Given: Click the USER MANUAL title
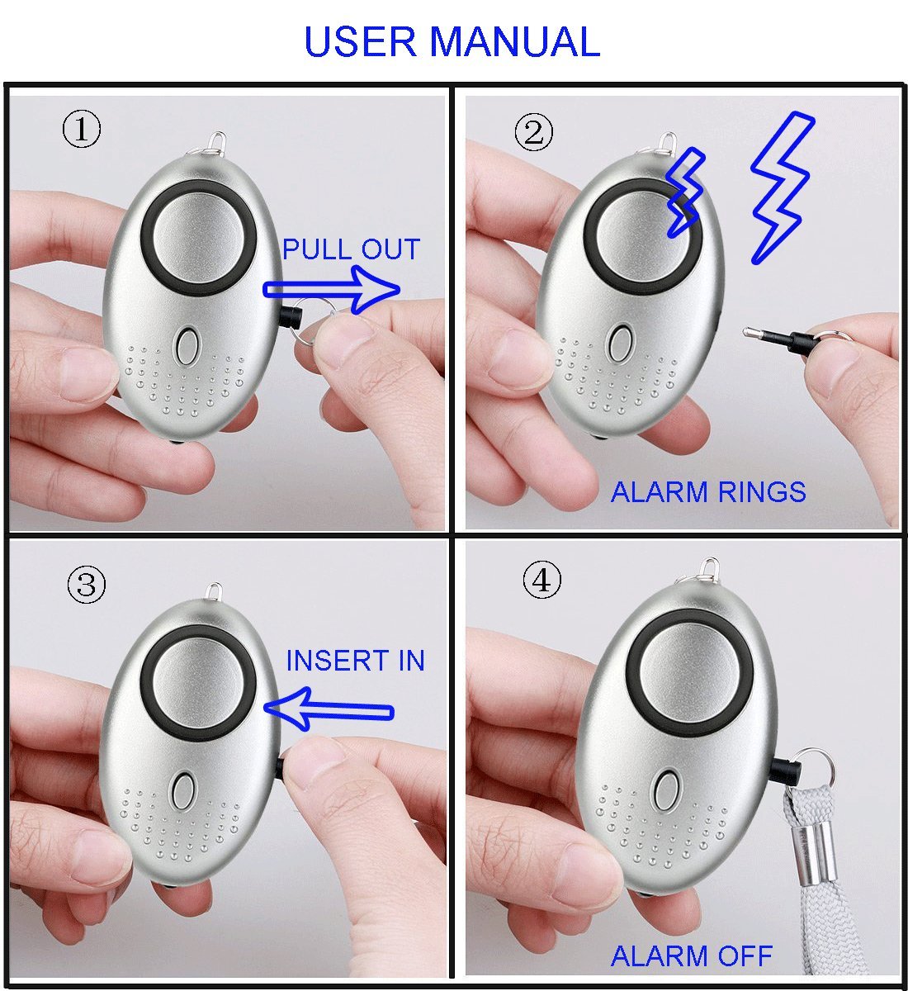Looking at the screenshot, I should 452,41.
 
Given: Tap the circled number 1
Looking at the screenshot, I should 82,130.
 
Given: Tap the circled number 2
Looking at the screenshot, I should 534,132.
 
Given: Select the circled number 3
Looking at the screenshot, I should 86,586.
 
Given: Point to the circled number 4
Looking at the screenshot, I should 541,581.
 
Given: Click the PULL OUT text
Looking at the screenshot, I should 351,249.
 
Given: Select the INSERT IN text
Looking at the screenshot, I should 355,661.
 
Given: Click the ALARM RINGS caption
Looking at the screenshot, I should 707,492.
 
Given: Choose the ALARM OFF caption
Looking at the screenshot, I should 691,956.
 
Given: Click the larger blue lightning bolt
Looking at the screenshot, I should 780,186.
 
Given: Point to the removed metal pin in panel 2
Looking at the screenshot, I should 764,334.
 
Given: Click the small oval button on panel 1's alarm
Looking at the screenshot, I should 187,347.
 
